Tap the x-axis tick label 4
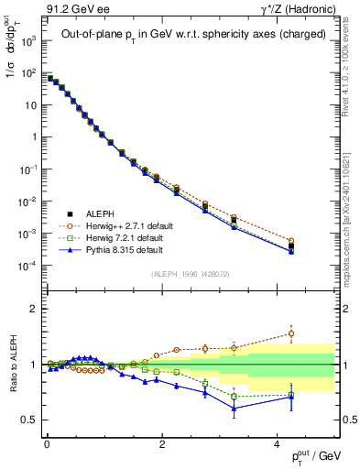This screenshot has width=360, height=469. (277, 443)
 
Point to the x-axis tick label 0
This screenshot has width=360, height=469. (47, 443)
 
